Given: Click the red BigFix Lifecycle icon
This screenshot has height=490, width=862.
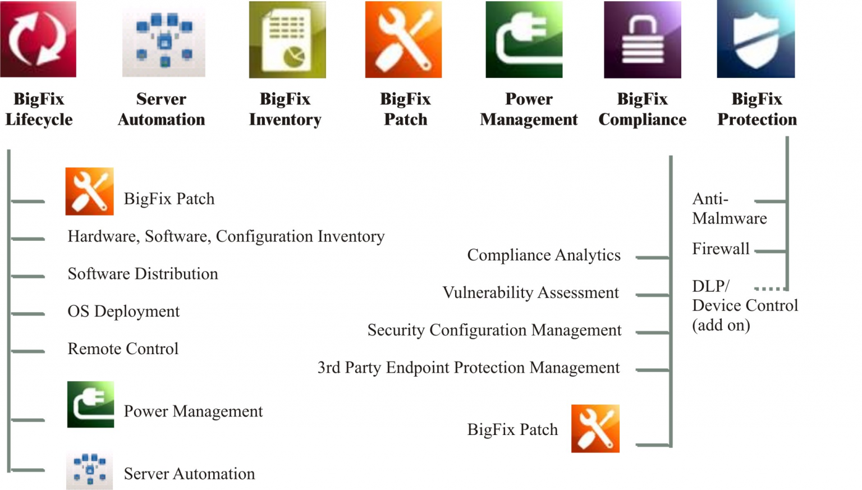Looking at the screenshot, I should point(38,39).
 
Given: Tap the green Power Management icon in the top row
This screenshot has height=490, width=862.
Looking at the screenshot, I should point(524,39).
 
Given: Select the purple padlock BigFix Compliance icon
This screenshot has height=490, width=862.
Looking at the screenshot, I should point(642,39).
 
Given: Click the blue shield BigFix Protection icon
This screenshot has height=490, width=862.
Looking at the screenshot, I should point(755,39).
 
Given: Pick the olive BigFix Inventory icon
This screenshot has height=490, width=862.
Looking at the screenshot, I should point(287,39).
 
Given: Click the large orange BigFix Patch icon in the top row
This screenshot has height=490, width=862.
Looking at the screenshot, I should point(403,39).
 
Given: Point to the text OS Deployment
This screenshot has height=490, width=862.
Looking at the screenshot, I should point(123,312).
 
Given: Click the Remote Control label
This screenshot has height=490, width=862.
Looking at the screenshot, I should point(123,349).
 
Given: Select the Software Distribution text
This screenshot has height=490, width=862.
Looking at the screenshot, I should point(143,274).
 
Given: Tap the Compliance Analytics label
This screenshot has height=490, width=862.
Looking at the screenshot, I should point(544,255).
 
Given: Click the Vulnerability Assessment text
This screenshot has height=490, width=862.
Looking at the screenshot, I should point(530,293).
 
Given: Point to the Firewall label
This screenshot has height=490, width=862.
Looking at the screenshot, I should point(721,249).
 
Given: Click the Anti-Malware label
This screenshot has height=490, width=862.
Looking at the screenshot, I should point(729,209).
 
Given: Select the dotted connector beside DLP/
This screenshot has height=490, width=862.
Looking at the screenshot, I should point(770,289).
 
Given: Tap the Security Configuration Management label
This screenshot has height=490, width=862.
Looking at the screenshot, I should point(494,330).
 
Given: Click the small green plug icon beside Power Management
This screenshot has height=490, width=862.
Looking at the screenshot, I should point(90,405).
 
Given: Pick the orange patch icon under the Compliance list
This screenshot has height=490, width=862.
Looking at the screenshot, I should point(595,429).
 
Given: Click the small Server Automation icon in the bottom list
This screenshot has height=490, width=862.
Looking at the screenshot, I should point(89,470).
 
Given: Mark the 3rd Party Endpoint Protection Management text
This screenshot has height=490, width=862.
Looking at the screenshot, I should point(469,368).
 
